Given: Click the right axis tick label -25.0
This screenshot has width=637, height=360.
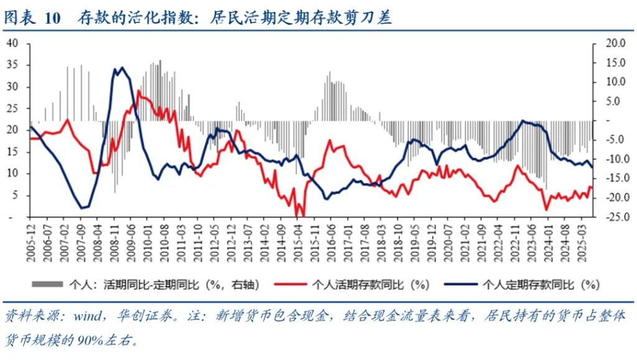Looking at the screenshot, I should point(613,217).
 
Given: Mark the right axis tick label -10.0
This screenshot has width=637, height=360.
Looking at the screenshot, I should point(613,159).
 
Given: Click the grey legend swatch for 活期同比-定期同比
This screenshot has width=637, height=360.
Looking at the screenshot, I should point(47,284).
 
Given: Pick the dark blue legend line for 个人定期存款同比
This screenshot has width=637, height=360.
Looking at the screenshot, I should point(460,284).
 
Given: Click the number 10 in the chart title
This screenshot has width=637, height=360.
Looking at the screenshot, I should point(53,19).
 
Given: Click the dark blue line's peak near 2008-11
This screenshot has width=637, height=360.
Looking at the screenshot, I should point(121,68).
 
